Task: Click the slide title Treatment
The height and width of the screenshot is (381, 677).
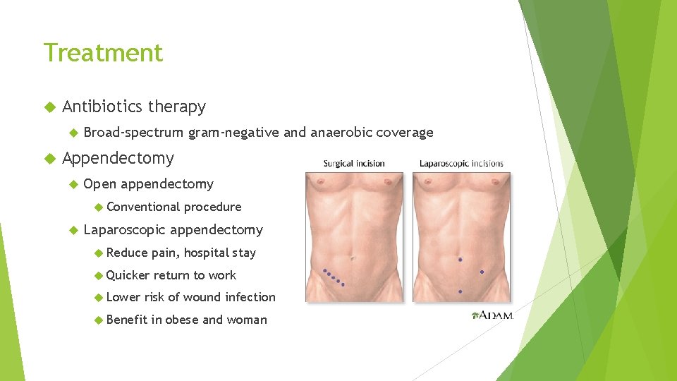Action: click(x=103, y=53)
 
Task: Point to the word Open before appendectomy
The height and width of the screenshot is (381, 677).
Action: click(x=99, y=184)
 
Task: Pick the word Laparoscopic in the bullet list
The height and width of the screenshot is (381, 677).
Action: click(x=124, y=229)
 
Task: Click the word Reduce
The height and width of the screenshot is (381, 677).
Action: click(x=127, y=253)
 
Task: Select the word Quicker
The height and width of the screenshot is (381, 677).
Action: click(x=128, y=275)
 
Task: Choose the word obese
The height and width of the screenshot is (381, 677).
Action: click(x=182, y=320)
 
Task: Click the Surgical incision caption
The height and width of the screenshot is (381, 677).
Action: click(x=354, y=164)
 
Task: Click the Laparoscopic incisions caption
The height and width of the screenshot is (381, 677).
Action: click(x=461, y=164)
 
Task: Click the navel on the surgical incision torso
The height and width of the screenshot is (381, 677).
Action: click(x=353, y=258)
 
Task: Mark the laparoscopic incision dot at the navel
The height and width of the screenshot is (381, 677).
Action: click(x=461, y=260)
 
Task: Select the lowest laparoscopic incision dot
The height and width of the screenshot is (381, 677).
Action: click(x=461, y=291)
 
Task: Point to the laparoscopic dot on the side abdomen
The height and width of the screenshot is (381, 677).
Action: click(x=482, y=272)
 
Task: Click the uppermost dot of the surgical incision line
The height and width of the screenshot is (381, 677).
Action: click(x=325, y=271)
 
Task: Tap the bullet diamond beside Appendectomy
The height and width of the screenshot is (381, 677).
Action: click(x=49, y=159)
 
